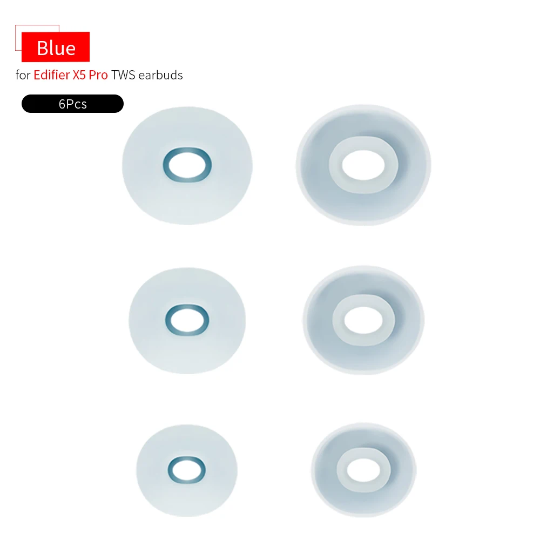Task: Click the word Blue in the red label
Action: (x=56, y=48)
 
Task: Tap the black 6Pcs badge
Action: (x=72, y=104)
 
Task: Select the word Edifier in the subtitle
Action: (x=51, y=75)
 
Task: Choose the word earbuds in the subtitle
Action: (x=160, y=75)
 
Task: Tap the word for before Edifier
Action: (x=23, y=75)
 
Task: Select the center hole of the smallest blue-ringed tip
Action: (x=187, y=468)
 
